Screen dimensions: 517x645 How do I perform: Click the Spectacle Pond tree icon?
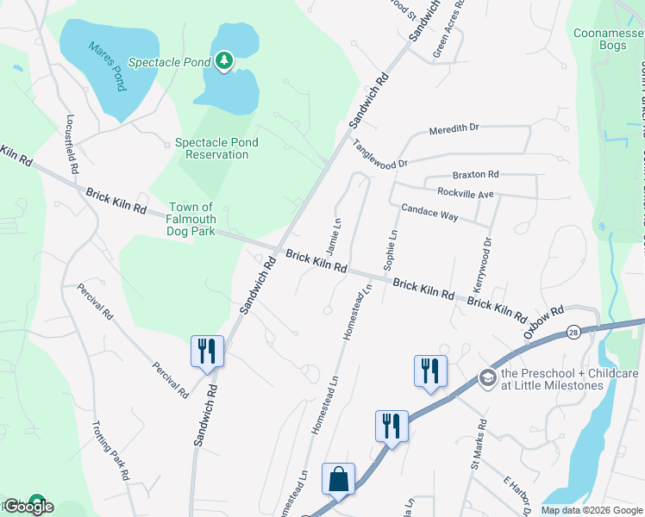coord(224,60)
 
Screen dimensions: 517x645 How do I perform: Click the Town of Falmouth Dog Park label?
coord(191,219)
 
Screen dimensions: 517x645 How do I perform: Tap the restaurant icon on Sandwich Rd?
coord(207,351)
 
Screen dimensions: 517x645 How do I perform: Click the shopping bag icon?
coord(338,478)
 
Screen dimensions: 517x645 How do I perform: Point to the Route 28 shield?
coord(573,331)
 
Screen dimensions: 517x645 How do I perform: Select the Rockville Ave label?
coord(466,193)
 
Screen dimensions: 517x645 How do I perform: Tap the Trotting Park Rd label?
coord(112,450)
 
